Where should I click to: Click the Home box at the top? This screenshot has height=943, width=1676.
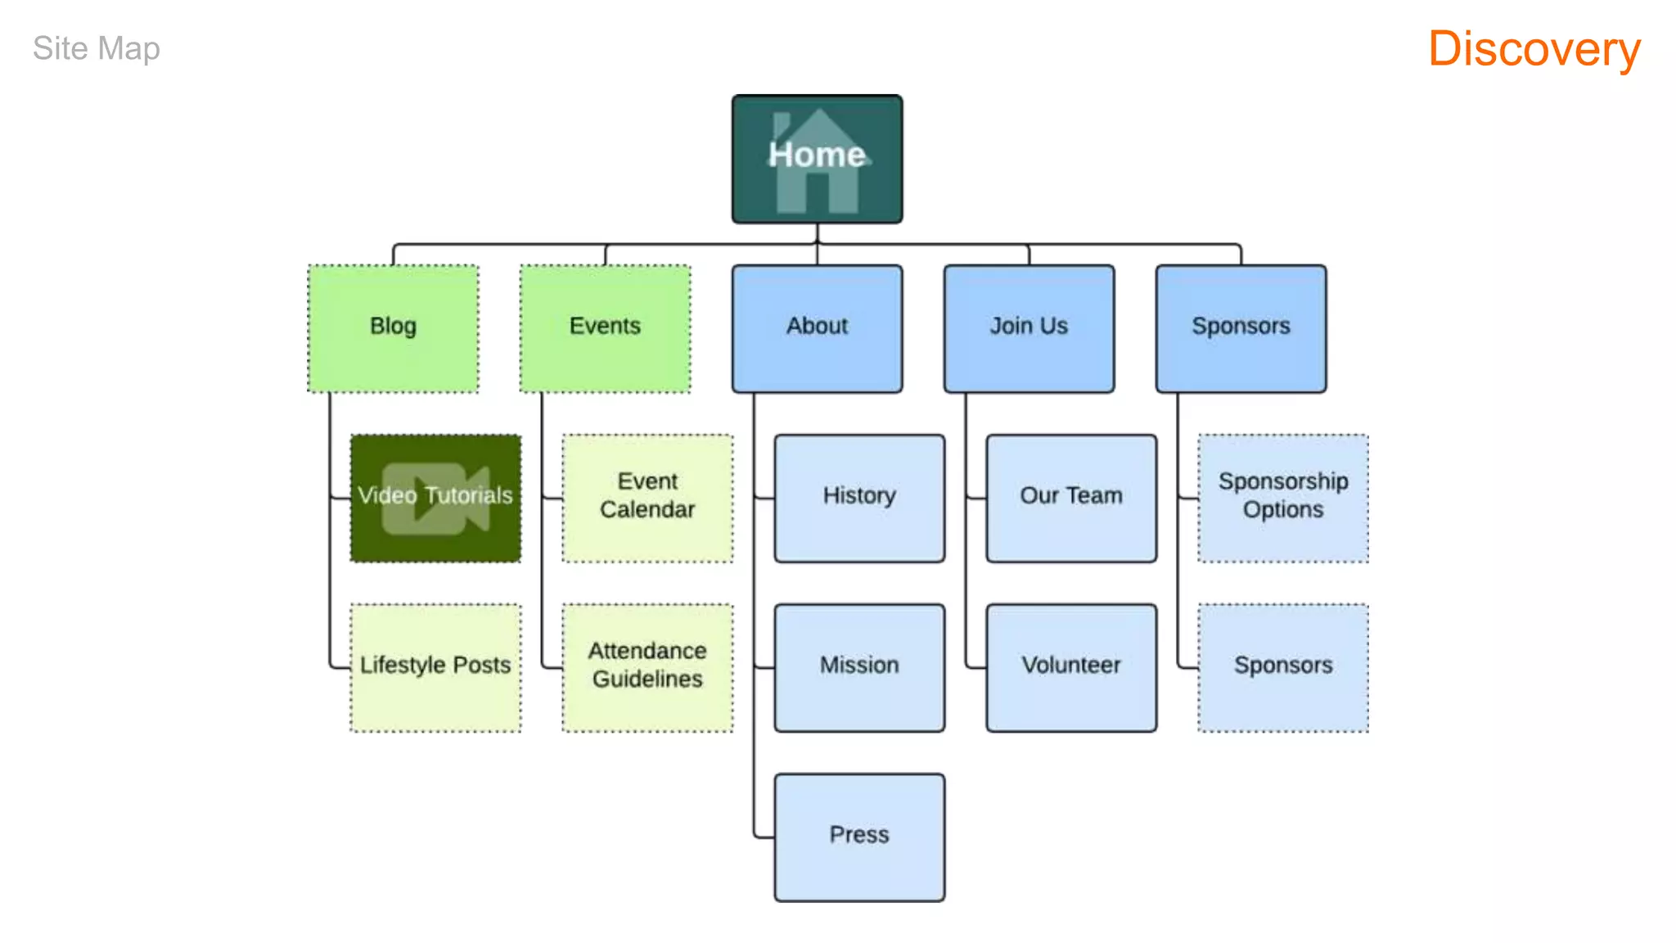click(x=817, y=159)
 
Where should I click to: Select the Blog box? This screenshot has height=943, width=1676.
click(x=393, y=328)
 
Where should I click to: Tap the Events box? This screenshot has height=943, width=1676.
click(x=605, y=328)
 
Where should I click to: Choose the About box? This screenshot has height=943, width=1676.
click(x=817, y=328)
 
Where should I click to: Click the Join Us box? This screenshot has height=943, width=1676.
click(x=1029, y=328)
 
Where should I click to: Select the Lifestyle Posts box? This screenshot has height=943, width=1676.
click(x=435, y=667)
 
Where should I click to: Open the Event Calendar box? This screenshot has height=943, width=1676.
click(x=647, y=498)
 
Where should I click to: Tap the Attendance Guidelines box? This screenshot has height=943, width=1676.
click(x=647, y=667)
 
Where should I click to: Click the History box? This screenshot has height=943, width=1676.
click(x=859, y=498)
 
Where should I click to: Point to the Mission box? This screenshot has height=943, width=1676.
click(x=859, y=667)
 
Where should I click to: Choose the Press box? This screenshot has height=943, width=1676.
click(x=859, y=837)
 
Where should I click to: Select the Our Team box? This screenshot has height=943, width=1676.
click(x=1071, y=498)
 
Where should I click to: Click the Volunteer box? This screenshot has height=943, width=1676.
click(x=1071, y=667)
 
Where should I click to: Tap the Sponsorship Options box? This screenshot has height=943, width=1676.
click(x=1282, y=498)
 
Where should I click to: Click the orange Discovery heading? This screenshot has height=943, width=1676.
click(x=1534, y=49)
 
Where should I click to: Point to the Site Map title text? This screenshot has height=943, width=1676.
click(x=97, y=49)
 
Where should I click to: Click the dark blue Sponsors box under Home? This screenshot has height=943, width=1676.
click(x=1241, y=328)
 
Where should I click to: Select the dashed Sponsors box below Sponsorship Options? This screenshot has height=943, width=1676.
click(x=1282, y=667)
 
